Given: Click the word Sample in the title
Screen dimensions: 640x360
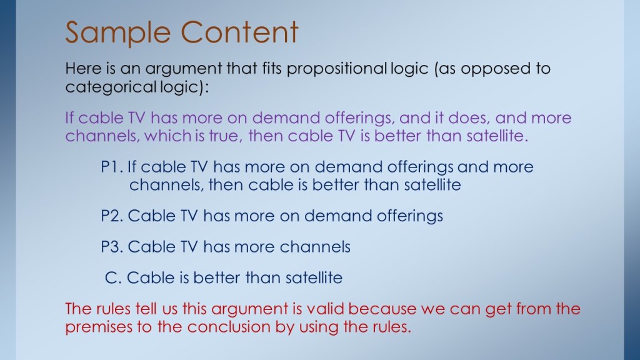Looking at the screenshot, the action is (117, 32).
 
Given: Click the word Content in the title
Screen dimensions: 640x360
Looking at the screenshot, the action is (239, 32).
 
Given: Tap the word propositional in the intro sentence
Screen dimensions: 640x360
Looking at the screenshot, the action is (336, 69).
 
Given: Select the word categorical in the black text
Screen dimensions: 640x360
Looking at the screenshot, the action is (110, 87).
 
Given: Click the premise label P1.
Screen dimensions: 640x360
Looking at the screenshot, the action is (112, 167).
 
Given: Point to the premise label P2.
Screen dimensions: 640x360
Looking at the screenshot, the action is (112, 216).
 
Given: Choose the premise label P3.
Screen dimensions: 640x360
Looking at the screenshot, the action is (112, 247).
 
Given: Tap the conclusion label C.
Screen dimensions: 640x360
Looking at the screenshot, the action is (113, 278).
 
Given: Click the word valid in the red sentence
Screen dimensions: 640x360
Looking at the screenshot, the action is (325, 309).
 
